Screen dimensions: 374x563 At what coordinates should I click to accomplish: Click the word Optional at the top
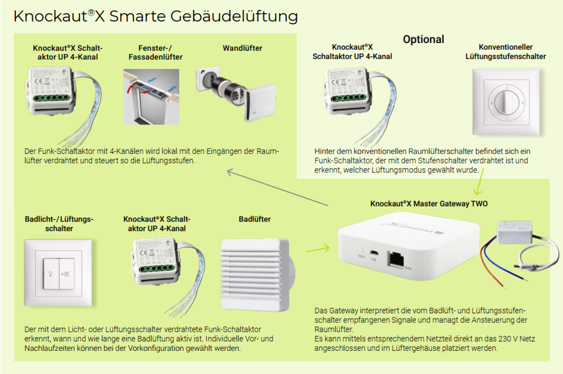(x=423, y=39)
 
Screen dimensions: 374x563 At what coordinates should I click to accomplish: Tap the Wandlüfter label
(x=242, y=48)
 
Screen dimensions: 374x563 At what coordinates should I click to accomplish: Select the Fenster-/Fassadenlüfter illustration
(x=151, y=96)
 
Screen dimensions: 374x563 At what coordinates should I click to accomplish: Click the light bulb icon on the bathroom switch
(x=51, y=274)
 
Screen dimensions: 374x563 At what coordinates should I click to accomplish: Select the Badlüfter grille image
(x=255, y=275)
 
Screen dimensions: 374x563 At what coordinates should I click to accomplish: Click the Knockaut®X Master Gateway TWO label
(x=429, y=203)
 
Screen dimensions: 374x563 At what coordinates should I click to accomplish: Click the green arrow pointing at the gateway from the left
(x=318, y=249)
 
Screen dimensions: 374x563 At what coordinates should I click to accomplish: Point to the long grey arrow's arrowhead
(x=230, y=172)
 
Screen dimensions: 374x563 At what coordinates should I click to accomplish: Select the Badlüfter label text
(x=254, y=219)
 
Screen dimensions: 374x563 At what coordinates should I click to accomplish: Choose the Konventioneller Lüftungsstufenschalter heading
(x=505, y=52)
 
